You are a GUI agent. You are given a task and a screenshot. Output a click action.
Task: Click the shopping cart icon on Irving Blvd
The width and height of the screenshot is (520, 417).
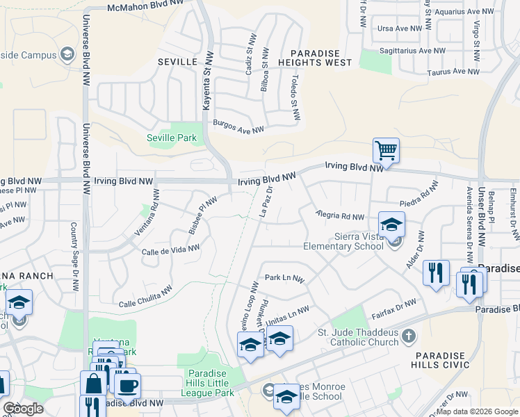tap(386, 149)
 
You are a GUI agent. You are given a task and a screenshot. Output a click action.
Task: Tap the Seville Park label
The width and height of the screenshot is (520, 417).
tap(172, 138)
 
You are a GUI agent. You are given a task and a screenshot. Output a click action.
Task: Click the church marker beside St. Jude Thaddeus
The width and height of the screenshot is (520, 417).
tap(409, 336)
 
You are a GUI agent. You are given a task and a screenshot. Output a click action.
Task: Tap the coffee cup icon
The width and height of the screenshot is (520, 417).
tap(127, 386)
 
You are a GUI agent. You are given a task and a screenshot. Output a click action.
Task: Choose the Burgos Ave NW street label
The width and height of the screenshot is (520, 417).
tap(239, 129)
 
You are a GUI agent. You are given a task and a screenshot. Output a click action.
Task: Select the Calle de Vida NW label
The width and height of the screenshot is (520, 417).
tap(170, 250)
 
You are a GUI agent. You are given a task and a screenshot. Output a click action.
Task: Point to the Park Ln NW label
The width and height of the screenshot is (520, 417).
tap(284, 278)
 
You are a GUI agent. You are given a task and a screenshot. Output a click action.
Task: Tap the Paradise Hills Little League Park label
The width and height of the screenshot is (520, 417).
tap(210, 383)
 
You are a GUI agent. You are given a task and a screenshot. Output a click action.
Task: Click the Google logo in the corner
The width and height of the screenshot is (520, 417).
tap(23, 408)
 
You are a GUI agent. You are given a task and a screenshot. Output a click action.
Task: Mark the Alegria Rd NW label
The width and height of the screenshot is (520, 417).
tap(339, 215)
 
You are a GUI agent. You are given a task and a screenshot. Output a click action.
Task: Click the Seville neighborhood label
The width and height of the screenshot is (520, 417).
tap(177, 62)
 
